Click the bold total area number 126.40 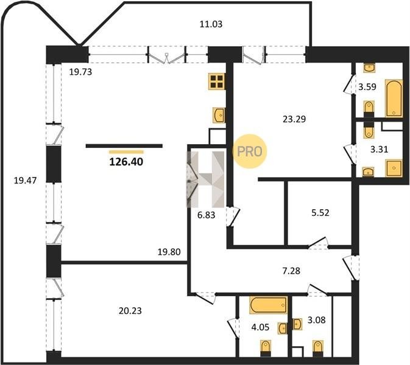(x=126, y=162)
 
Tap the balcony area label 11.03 (x=211, y=24)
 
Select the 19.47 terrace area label (x=25, y=181)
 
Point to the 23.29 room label (x=294, y=119)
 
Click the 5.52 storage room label (x=320, y=213)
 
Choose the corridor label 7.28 (x=291, y=271)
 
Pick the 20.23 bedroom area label (x=130, y=311)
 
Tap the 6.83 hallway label (x=207, y=215)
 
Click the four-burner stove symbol (x=217, y=82)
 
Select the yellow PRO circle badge (x=249, y=151)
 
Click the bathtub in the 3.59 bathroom (x=394, y=99)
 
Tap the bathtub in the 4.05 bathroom (x=269, y=305)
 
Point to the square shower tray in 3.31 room (x=394, y=169)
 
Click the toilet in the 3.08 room (x=317, y=349)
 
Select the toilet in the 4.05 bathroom (x=266, y=349)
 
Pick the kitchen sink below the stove (x=219, y=115)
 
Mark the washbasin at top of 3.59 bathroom (x=369, y=68)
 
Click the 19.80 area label (x=169, y=252)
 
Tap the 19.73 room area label (x=80, y=72)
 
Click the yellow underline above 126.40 (x=126, y=152)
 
